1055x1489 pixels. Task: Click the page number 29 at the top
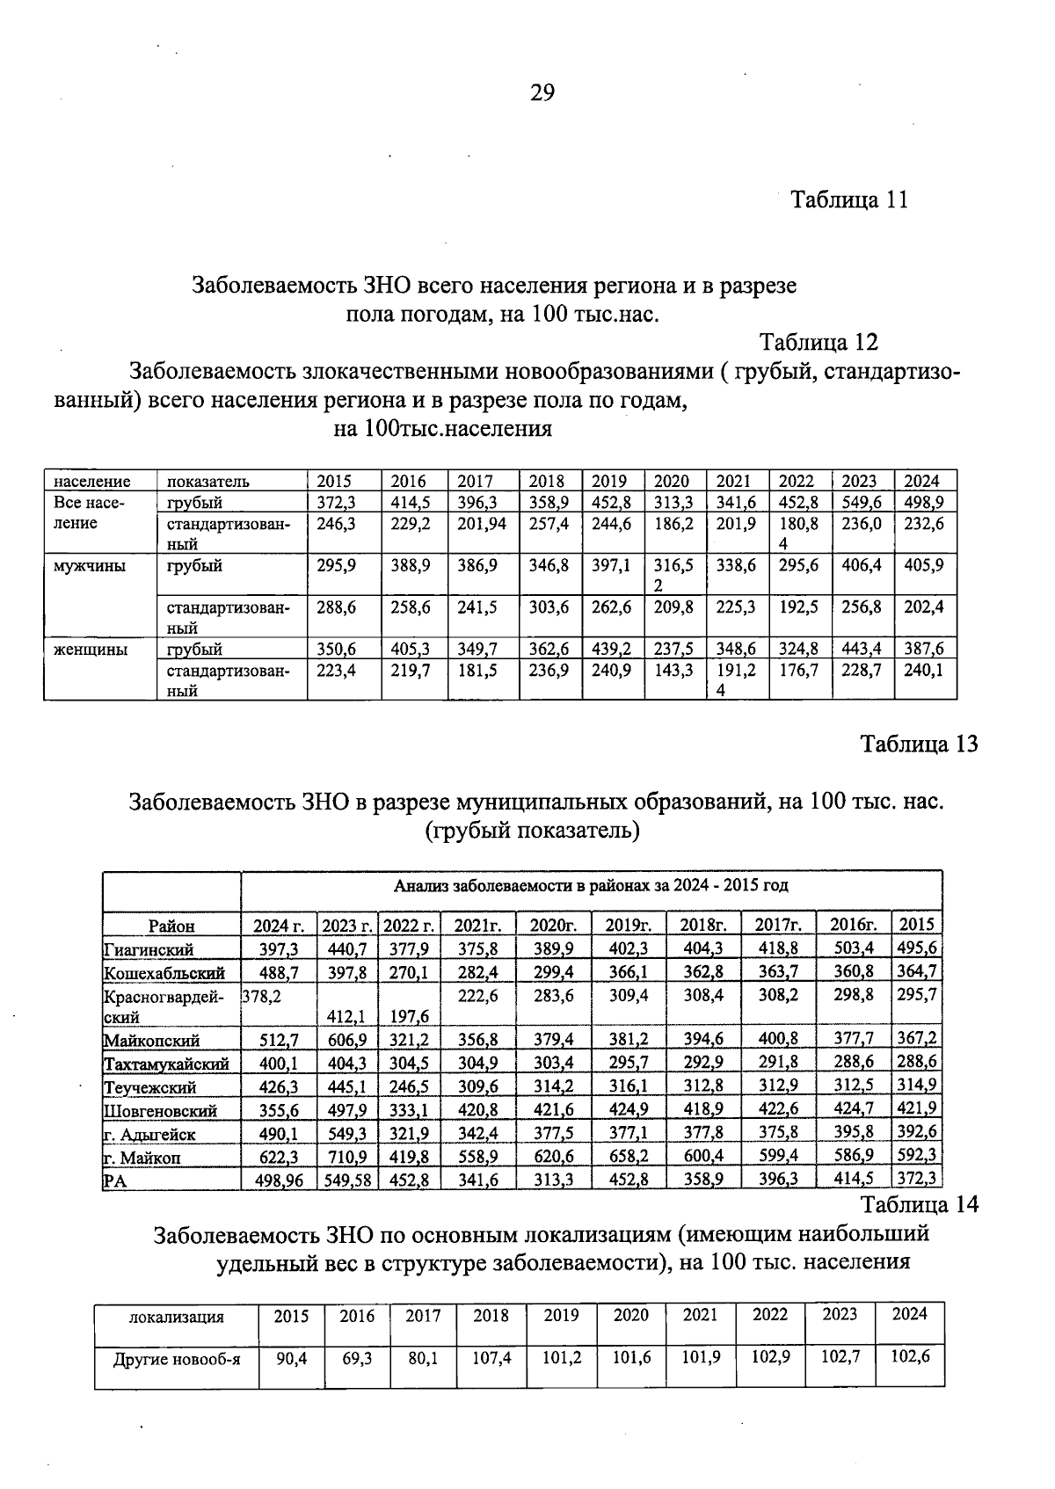pyautogui.click(x=542, y=93)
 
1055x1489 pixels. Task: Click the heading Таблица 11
pyautogui.click(x=848, y=200)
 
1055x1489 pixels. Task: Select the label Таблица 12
pyautogui.click(x=819, y=342)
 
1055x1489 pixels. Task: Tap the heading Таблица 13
pyautogui.click(x=919, y=744)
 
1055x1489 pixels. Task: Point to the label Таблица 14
pyautogui.click(x=919, y=1204)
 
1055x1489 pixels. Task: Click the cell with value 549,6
pyautogui.click(x=862, y=503)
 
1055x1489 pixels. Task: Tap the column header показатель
pyautogui.click(x=208, y=482)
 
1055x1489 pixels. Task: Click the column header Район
pyautogui.click(x=171, y=926)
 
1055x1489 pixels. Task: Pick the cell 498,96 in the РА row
pyautogui.click(x=279, y=1181)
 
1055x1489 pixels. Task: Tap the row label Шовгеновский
pyautogui.click(x=160, y=1111)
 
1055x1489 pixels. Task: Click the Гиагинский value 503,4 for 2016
pyautogui.click(x=853, y=949)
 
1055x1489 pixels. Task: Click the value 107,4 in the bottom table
pyautogui.click(x=491, y=1358)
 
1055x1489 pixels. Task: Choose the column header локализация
pyautogui.click(x=177, y=1317)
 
